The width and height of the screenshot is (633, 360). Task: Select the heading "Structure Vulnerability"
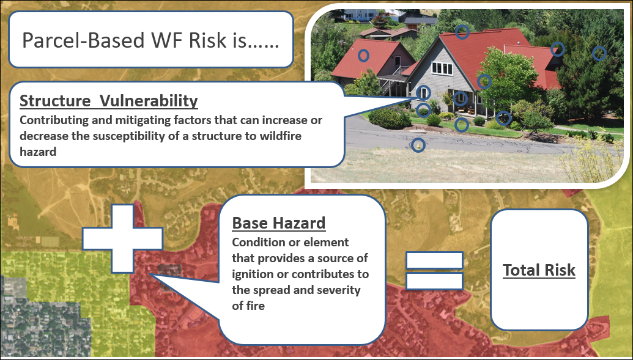coord(109,101)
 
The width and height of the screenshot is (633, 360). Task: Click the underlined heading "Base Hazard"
coord(279,222)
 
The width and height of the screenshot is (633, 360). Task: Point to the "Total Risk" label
coord(539,270)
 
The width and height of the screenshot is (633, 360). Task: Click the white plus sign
coord(122,238)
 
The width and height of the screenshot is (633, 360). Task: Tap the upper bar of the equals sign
coord(434,260)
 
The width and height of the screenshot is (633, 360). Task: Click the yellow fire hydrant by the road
coord(418,144)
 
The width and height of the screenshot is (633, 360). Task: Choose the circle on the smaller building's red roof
coord(364,55)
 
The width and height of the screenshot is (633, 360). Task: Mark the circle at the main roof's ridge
coord(462,32)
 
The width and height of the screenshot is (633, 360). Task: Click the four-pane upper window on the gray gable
coord(442,68)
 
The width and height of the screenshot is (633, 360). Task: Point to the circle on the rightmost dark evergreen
coord(599,53)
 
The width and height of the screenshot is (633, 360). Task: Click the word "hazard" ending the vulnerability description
coord(38,152)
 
